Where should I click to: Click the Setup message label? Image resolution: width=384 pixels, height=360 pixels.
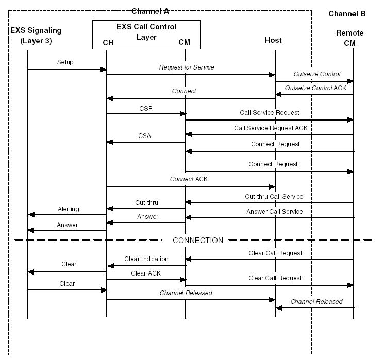click(65, 62)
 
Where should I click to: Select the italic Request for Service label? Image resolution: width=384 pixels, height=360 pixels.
click(187, 67)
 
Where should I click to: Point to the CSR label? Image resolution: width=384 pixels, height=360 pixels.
click(145, 109)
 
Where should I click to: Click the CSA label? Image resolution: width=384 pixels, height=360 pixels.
click(145, 136)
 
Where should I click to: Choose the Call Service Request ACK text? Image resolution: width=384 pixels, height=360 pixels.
click(273, 128)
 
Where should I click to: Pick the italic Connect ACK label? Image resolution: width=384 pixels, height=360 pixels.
click(189, 179)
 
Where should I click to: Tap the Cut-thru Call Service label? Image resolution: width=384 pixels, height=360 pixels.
click(274, 196)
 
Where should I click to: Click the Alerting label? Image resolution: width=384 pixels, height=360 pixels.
click(69, 209)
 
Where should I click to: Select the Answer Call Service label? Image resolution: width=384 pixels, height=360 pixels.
click(274, 211)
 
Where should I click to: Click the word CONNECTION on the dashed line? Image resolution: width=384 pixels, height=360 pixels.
click(198, 241)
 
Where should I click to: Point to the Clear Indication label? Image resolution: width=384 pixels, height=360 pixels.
click(146, 259)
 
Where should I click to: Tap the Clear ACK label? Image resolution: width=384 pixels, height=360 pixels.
click(146, 273)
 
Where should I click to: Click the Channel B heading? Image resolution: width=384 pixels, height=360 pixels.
click(347, 13)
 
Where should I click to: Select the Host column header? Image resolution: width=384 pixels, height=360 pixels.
click(273, 40)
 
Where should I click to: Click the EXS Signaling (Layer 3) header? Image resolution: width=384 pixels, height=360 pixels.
click(31, 35)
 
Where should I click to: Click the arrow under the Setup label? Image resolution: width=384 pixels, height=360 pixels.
click(67, 70)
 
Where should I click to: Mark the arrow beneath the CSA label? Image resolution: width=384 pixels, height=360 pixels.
click(146, 142)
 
